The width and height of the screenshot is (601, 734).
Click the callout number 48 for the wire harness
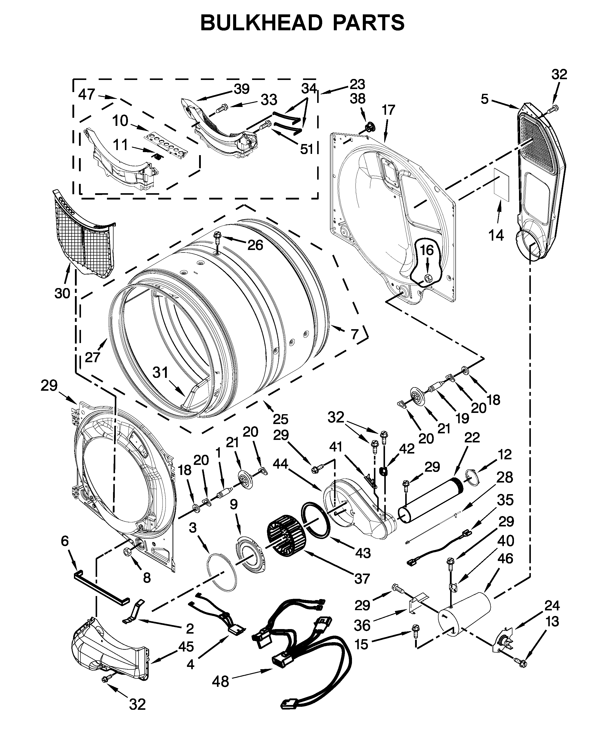coord(221,681)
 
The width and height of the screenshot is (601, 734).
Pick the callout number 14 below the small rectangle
coord(496,235)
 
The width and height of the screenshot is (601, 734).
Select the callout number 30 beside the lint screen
coord(62,293)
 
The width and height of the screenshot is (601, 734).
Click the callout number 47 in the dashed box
coord(87,94)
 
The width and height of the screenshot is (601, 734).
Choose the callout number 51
coord(306,149)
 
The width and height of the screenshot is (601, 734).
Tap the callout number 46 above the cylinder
coord(505,558)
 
